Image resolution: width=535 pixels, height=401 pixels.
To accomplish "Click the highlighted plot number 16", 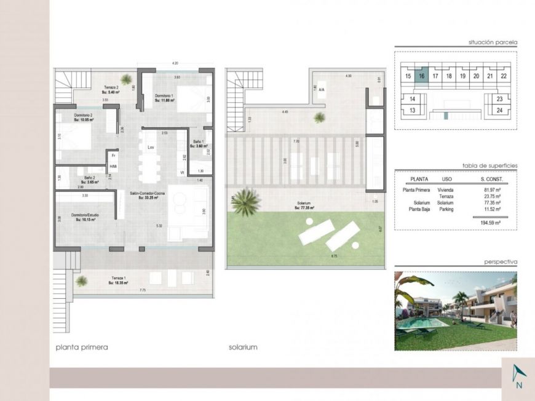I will pyautogui.click(x=421, y=76).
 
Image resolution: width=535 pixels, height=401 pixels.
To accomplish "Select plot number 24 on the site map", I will pyautogui.click(x=499, y=111).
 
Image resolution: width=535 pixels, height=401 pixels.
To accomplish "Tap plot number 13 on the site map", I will pyautogui.click(x=413, y=111).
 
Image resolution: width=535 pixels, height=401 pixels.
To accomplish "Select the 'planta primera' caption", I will pyautogui.click(x=81, y=347).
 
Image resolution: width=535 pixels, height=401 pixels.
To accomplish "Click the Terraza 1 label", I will pyautogui.click(x=117, y=280).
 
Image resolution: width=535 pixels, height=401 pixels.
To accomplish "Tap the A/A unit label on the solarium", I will pyautogui.click(x=322, y=89).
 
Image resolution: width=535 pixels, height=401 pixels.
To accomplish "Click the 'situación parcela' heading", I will pyautogui.click(x=492, y=42).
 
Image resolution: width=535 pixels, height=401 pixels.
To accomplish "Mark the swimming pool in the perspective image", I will pyautogui.click(x=430, y=323).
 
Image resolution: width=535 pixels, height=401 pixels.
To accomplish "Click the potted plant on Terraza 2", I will pyautogui.click(x=126, y=79).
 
